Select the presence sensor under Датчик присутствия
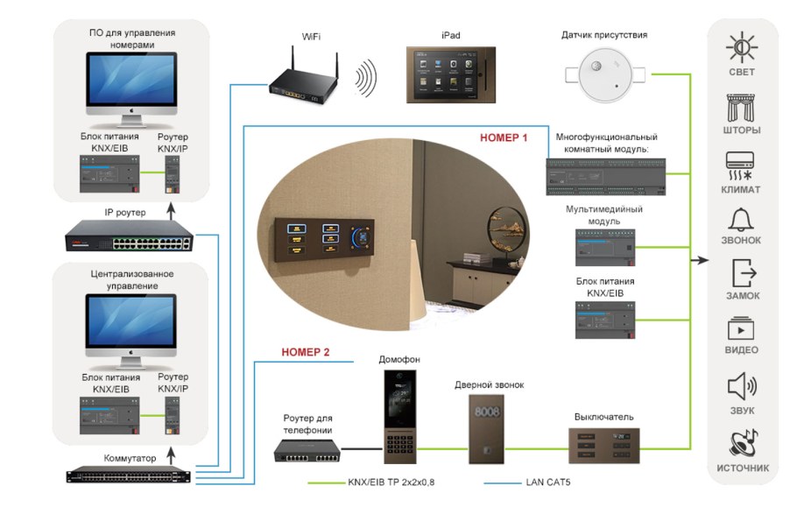(x=604, y=77)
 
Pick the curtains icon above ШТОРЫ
(x=741, y=107)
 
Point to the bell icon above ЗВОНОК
(x=741, y=219)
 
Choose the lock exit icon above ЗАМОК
(x=741, y=273)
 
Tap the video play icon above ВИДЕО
(x=741, y=329)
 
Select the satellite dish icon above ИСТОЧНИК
(x=741, y=442)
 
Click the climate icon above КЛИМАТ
(x=741, y=164)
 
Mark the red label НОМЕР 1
(x=505, y=137)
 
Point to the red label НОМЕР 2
(x=306, y=353)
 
